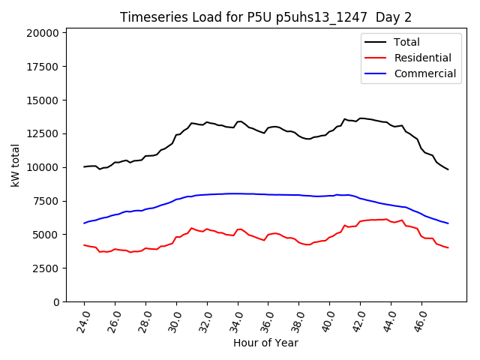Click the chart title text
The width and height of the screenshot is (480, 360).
266,17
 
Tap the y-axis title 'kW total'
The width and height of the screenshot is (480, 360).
16,165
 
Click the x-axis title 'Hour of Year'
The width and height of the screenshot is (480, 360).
265,343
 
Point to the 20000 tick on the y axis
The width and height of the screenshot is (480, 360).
43,33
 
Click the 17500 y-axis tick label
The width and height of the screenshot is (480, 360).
43,67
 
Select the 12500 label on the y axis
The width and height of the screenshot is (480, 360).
43,133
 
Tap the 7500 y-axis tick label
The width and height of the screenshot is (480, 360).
46,201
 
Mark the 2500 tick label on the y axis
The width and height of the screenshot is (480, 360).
46,268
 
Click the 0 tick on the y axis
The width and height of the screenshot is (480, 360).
57,301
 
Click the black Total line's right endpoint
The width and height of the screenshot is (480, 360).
448,169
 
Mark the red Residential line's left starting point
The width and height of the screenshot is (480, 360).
84,244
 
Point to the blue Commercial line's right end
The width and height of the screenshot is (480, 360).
448,223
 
